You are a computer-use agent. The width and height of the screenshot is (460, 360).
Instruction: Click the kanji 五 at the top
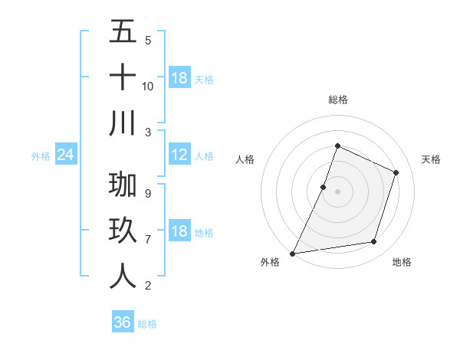[x=123, y=32]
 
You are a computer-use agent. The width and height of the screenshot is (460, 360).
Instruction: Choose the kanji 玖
[x=123, y=231]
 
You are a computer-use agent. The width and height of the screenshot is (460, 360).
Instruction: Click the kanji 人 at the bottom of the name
[x=123, y=276]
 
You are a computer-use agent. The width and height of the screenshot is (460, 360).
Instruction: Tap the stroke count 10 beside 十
[x=148, y=86]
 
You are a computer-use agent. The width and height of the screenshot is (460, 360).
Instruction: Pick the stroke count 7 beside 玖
[x=148, y=239]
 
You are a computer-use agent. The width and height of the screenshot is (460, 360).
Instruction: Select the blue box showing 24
[x=66, y=155]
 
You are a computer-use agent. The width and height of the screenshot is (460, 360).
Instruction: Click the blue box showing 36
[x=122, y=322]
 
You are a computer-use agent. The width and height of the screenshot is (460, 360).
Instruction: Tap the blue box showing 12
[x=179, y=155]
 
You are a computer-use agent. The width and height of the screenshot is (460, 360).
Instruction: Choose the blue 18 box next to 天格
[x=179, y=78]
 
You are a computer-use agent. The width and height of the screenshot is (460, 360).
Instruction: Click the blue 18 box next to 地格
[x=179, y=232]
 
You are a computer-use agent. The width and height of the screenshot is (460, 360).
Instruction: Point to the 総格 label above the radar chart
[x=337, y=100]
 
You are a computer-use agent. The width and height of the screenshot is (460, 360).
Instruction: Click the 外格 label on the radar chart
[x=270, y=262]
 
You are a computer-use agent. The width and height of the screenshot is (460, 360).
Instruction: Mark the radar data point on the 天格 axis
[x=396, y=172]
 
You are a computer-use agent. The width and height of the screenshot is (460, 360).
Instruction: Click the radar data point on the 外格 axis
[x=293, y=253]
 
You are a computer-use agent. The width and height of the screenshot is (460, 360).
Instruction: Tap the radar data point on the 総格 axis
[x=337, y=146]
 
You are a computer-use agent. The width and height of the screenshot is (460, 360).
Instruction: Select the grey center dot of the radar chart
[x=337, y=191]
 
